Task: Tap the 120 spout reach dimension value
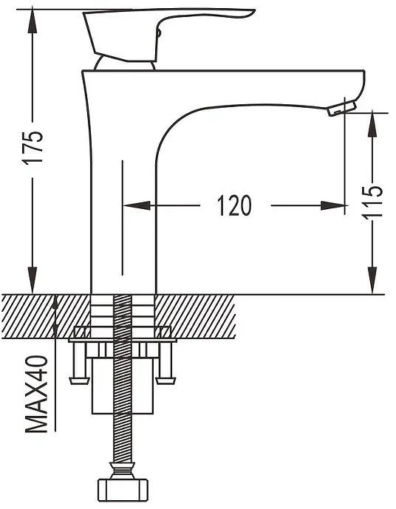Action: (x=234, y=205)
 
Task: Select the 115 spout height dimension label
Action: (x=372, y=202)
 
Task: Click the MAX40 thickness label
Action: (x=36, y=394)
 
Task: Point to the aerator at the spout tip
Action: (x=342, y=108)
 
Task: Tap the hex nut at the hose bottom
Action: (x=123, y=490)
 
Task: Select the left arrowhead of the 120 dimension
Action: (x=137, y=205)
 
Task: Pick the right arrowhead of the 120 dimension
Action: (x=332, y=205)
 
